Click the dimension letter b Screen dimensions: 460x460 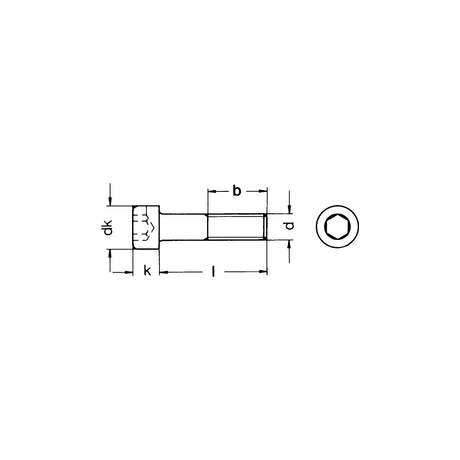tap(236, 191)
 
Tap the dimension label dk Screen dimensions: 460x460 tap(108, 227)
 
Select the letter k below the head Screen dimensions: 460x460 tap(147, 271)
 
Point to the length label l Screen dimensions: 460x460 tap(213, 271)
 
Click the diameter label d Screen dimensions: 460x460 tap(290, 226)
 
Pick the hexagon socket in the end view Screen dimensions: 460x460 tap(337, 227)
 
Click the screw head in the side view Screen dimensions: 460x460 tap(146, 227)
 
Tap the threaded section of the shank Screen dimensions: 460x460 tap(237, 227)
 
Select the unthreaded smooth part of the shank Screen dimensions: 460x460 tap(183, 227)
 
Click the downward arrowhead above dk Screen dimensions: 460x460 tap(109, 201)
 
